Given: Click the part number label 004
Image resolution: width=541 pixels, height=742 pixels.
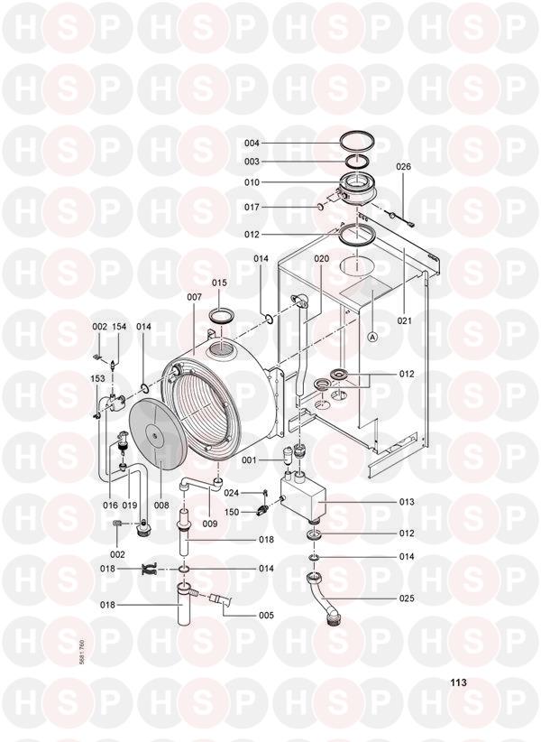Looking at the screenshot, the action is (x=252, y=143).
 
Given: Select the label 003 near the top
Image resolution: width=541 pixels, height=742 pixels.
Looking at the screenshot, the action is (x=252, y=162).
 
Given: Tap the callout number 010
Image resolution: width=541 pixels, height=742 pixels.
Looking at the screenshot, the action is (x=252, y=182).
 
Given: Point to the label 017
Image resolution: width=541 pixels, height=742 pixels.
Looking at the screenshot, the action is (x=252, y=208).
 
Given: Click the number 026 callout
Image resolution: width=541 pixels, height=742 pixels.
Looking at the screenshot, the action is (x=404, y=167).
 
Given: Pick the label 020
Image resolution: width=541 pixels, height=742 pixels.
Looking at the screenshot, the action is (x=322, y=259).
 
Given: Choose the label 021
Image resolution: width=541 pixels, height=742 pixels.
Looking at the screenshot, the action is (x=405, y=320).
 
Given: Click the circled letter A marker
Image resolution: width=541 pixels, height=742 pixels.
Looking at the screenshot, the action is (x=373, y=337).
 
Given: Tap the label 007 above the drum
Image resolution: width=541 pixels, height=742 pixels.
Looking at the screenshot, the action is (x=194, y=297).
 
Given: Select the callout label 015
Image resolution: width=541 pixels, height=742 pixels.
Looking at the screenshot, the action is (x=219, y=283).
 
